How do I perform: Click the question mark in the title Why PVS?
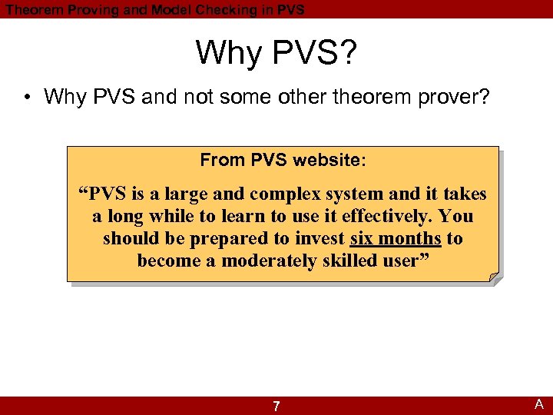[x=346, y=53]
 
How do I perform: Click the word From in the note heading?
[x=222, y=160]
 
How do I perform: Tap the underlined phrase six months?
[x=396, y=238]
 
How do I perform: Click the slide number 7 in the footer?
[x=276, y=406]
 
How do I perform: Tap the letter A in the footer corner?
[x=539, y=404]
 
